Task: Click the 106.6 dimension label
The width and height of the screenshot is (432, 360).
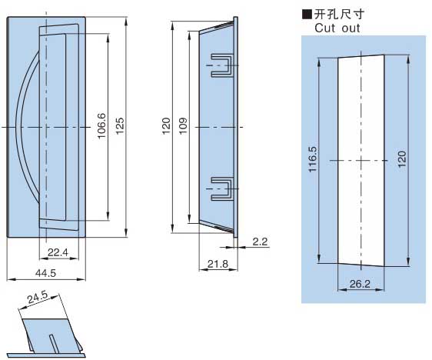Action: pyautogui.click(x=101, y=125)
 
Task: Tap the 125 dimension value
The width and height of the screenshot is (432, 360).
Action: pyautogui.click(x=120, y=126)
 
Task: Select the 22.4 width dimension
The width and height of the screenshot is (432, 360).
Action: pyautogui.click(x=58, y=252)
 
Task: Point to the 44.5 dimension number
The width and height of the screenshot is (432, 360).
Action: pyautogui.click(x=45, y=273)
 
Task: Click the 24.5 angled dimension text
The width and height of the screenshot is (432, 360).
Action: pyautogui.click(x=38, y=298)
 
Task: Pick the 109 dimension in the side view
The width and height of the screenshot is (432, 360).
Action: pyautogui.click(x=183, y=126)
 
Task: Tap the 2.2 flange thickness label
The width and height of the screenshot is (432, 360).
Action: pyautogui.click(x=260, y=242)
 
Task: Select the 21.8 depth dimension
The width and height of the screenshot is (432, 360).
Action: pyautogui.click(x=218, y=264)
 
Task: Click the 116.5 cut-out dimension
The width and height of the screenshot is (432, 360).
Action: pyautogui.click(x=313, y=159)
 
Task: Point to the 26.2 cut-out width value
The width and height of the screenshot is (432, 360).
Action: pyautogui.click(x=360, y=284)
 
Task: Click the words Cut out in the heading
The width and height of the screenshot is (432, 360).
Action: pyautogui.click(x=337, y=28)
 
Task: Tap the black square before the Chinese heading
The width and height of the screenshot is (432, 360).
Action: pyautogui.click(x=307, y=15)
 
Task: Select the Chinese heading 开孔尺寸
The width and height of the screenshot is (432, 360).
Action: pyautogui.click(x=339, y=15)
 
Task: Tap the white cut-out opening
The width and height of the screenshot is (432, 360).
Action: pyautogui.click(x=361, y=161)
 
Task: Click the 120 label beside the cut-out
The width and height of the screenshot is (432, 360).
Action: pyautogui.click(x=402, y=158)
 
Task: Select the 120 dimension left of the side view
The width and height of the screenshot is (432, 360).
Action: pyautogui.click(x=166, y=126)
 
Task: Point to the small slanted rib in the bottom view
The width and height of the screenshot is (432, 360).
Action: pyautogui.click(x=54, y=344)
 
